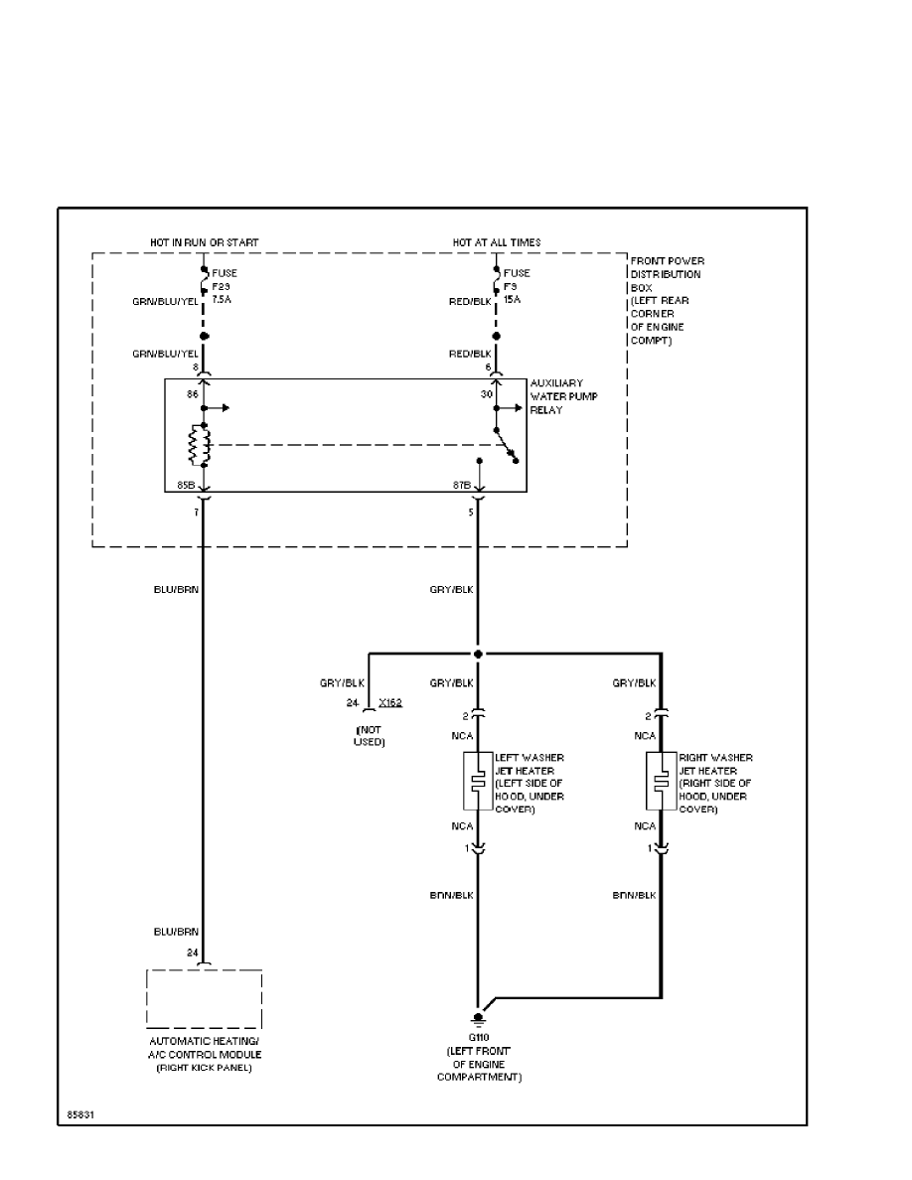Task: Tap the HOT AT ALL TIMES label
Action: point(497,242)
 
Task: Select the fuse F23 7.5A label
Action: point(225,286)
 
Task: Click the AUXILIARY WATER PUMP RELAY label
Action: point(562,396)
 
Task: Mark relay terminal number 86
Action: point(194,394)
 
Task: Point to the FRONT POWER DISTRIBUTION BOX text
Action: point(668,300)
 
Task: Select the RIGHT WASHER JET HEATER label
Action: point(715,783)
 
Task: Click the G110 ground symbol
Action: point(478,1018)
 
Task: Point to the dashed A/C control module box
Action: point(205,998)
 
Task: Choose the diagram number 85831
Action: point(81,1114)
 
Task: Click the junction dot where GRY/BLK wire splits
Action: point(478,654)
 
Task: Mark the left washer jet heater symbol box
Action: point(478,782)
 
